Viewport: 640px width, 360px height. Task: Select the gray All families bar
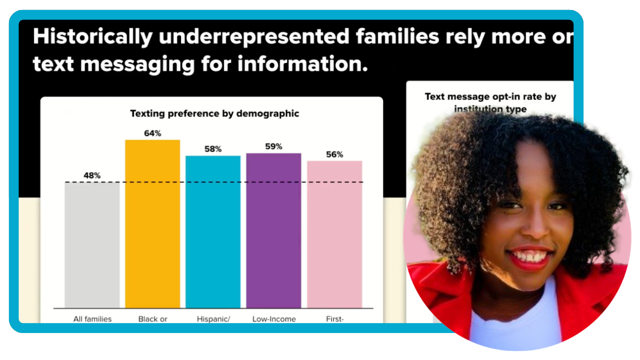[92, 245]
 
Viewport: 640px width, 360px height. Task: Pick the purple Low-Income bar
[273, 230]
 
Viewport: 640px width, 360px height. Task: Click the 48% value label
[92, 175]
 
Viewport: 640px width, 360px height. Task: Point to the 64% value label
[152, 133]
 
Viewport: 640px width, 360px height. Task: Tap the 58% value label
[213, 149]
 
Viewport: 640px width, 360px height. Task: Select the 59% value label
[273, 146]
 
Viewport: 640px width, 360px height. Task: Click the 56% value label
[334, 154]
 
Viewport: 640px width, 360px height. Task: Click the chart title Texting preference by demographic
[214, 113]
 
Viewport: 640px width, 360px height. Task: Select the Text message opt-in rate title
[490, 102]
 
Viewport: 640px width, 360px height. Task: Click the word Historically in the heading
[92, 37]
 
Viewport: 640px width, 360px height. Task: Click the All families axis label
[92, 319]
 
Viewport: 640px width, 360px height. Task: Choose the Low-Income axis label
[274, 319]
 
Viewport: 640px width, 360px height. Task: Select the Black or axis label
[152, 319]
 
